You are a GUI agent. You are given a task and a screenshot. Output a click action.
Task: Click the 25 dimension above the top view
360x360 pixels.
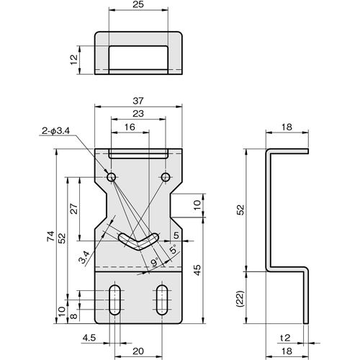[138, 4]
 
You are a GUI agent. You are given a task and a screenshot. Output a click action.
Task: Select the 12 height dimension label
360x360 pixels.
[74, 60]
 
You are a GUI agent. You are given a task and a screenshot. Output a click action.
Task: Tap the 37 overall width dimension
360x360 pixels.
[138, 101]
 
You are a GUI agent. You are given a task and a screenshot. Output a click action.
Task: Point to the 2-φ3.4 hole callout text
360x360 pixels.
[55, 131]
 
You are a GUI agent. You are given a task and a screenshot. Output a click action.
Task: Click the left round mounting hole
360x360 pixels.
[111, 178]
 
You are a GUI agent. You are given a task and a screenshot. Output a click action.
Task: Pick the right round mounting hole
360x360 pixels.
[166, 178]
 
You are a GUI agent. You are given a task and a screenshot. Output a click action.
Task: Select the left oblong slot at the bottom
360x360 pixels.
[114, 300]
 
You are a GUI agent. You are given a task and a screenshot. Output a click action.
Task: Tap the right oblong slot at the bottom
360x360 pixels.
[162, 300]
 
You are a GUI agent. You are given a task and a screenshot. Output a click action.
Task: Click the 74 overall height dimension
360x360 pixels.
[51, 236]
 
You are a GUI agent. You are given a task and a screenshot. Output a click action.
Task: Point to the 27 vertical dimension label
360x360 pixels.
[75, 209]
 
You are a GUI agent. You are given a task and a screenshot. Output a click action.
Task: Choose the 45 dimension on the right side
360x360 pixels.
[197, 270]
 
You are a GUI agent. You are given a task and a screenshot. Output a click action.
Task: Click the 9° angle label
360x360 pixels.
[156, 262]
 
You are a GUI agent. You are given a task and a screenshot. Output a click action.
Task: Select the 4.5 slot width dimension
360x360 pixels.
[89, 338]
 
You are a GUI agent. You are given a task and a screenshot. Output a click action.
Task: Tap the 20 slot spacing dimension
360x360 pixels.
[138, 351]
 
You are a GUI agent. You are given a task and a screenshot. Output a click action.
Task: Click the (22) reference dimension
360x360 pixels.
[240, 299]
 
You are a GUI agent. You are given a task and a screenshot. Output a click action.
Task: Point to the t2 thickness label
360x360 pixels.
[285, 338]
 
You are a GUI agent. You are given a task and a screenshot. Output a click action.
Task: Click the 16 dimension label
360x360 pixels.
[130, 127]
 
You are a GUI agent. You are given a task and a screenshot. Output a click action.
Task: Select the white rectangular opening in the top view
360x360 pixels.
[138, 58]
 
